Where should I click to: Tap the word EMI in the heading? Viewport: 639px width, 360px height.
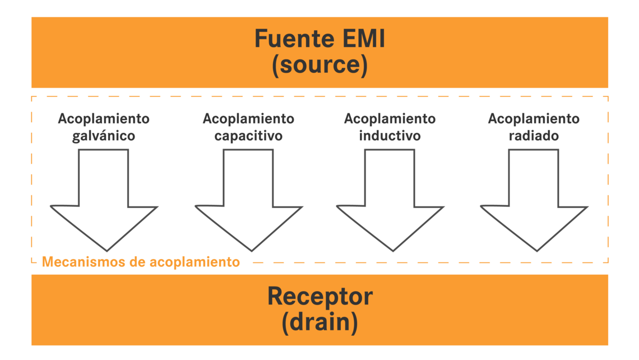[360, 39]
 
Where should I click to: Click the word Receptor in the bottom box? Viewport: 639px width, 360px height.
[319, 296]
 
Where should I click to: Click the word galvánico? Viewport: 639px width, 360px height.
[104, 136]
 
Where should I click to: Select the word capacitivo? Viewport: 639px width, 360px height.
[248, 136]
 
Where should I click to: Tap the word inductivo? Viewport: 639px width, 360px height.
[390, 136]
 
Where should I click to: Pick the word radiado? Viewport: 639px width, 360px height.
[534, 136]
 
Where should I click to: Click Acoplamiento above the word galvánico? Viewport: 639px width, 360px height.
[104, 119]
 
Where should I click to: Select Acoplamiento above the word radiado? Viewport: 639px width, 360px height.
[534, 119]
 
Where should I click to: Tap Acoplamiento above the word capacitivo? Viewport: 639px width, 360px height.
[248, 119]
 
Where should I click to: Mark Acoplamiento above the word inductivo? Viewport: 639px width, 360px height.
[390, 119]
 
